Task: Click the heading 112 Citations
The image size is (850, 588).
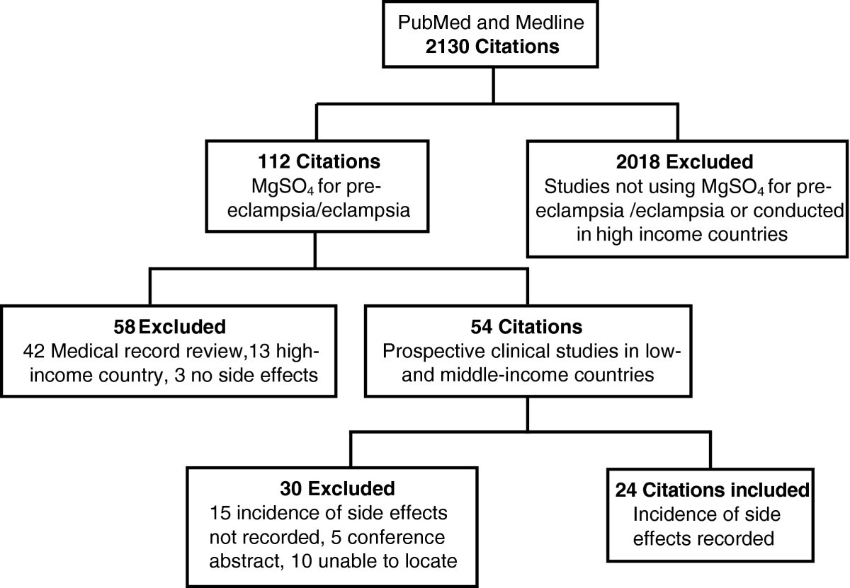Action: pos(310,162)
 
